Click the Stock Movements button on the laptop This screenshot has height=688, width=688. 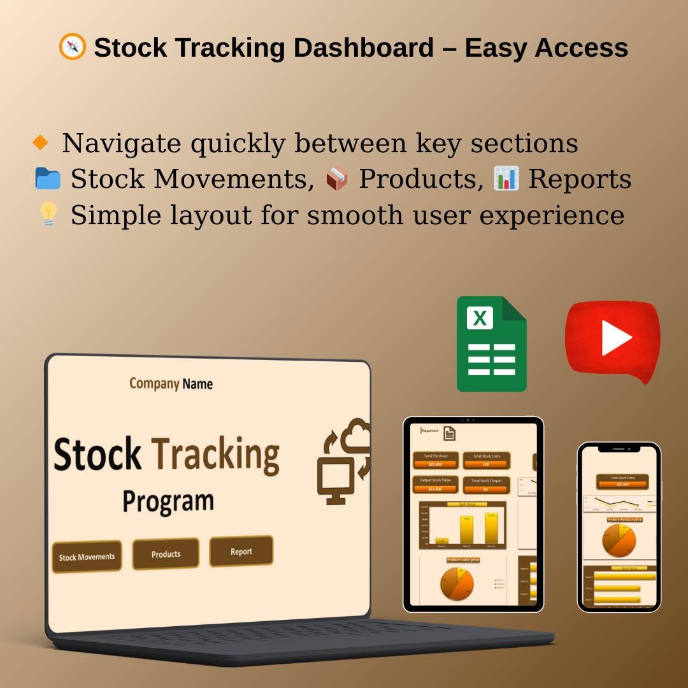87,557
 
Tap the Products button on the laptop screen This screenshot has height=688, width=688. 166,554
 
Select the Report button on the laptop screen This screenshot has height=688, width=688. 241,552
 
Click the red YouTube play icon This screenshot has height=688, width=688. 612,340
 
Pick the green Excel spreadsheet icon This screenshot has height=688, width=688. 491,344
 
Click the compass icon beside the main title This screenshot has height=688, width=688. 72,47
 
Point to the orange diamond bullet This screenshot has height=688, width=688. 40,143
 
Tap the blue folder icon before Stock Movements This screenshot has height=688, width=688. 48,179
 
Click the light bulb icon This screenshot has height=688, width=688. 48,215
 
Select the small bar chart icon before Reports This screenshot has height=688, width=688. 506,178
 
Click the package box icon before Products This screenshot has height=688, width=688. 337,179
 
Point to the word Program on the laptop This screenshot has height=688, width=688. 168,501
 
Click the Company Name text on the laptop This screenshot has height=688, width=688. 171,383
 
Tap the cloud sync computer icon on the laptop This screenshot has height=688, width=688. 344,461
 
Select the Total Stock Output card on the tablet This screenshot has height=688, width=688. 486,485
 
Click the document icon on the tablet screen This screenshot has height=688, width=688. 450,434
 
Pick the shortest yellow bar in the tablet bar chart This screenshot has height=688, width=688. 441,541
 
